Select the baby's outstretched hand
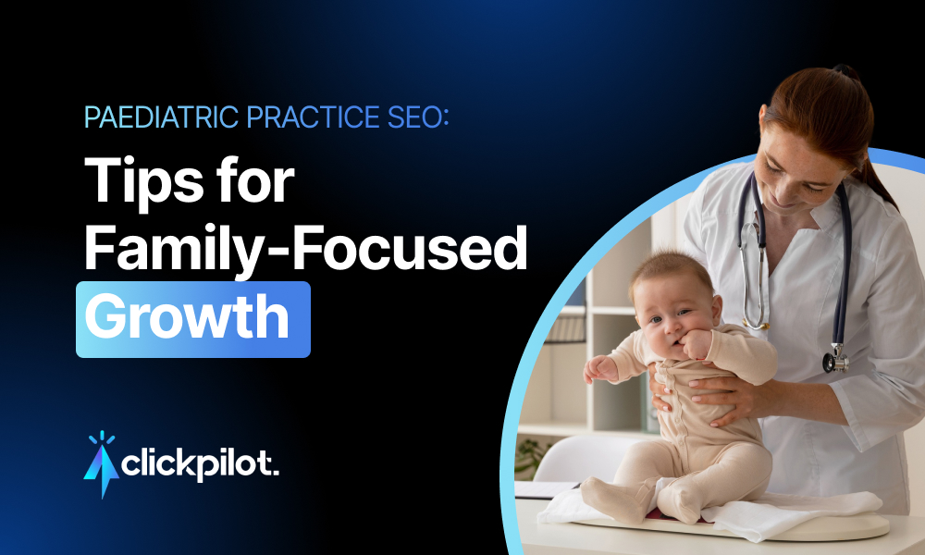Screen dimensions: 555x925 (x=596, y=368)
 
